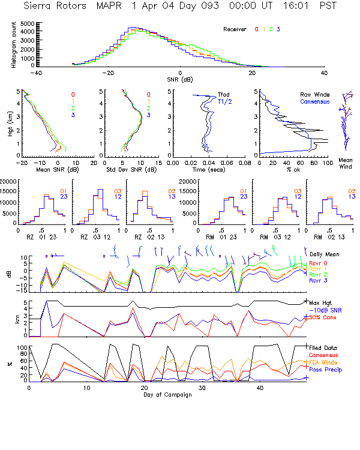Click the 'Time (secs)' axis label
point(209,170)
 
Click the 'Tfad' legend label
point(223,94)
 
